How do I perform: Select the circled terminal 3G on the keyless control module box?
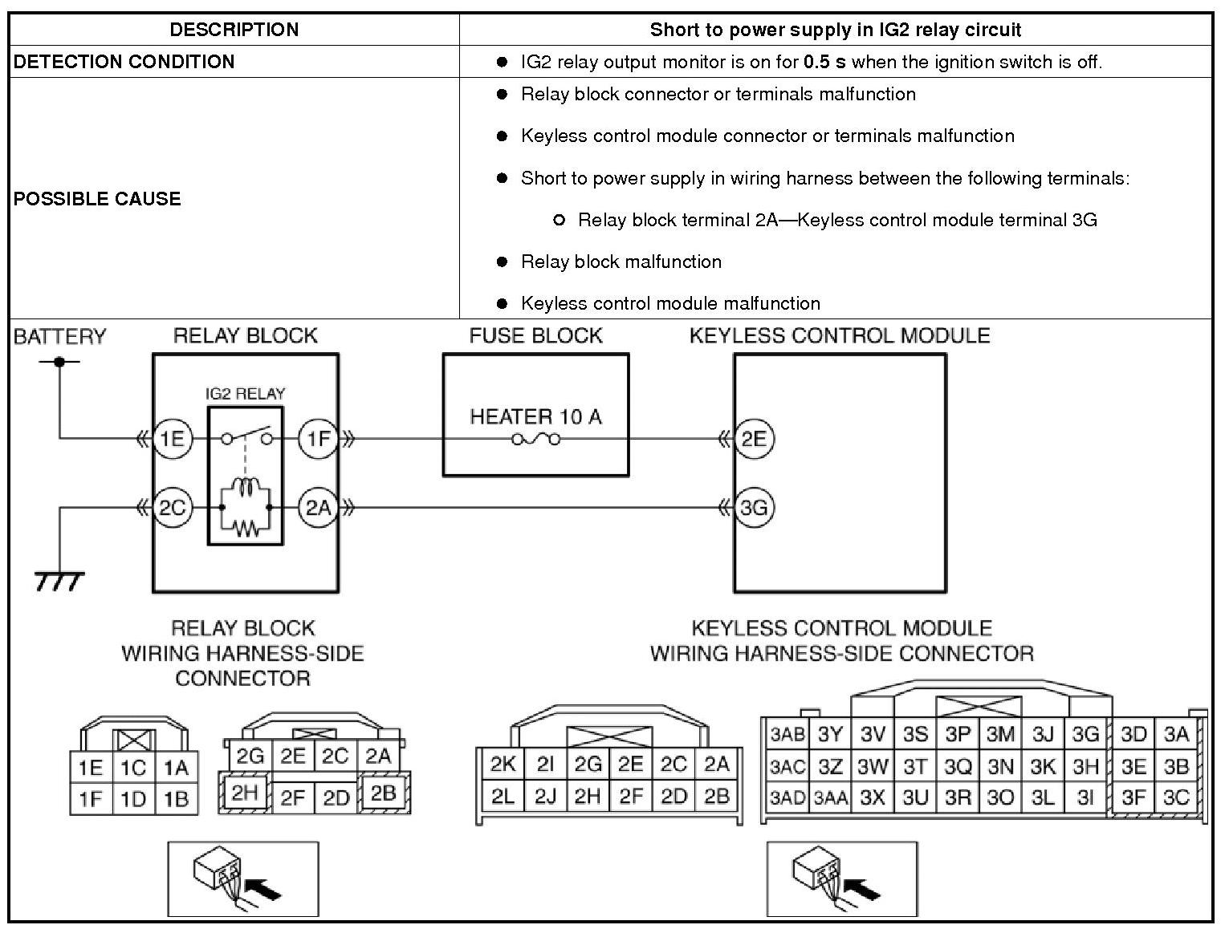click(754, 507)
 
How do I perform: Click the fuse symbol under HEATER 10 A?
click(535, 439)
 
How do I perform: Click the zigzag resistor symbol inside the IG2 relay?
click(246, 527)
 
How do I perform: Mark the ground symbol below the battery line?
click(59, 580)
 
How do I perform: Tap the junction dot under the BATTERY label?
click(59, 362)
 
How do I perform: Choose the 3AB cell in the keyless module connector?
click(787, 734)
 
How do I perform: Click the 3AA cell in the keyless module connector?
click(829, 798)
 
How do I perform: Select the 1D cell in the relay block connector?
click(133, 798)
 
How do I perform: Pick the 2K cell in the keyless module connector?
click(503, 764)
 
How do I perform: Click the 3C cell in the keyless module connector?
click(1175, 798)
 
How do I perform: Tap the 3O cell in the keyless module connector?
click(1000, 798)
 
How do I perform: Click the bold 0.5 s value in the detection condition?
click(824, 62)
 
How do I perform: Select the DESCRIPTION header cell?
click(234, 30)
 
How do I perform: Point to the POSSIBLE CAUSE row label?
click(97, 199)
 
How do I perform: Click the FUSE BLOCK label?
click(535, 335)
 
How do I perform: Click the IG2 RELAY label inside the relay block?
click(245, 394)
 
